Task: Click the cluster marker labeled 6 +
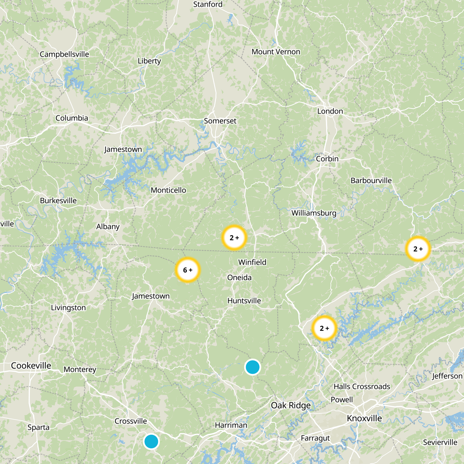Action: coord(188,270)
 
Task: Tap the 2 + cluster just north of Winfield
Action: coord(234,238)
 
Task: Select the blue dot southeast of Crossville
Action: coord(151,441)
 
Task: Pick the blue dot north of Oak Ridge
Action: coord(253,367)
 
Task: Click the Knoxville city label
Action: coord(364,418)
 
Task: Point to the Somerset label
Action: coord(220,121)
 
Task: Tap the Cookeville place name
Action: coord(31,365)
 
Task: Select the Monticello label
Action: coord(168,190)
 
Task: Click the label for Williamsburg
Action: coord(314,213)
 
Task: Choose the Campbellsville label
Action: coord(64,54)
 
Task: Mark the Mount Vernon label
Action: coord(276,52)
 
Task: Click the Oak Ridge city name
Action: coord(291,405)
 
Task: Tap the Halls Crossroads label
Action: coord(362,387)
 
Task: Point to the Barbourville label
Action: coord(371,180)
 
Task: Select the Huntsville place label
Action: coord(244,301)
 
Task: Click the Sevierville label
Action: coord(440,442)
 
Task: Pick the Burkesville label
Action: coord(58,201)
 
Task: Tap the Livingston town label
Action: coord(68,308)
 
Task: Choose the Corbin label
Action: coord(327,159)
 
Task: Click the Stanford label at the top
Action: coord(208,5)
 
